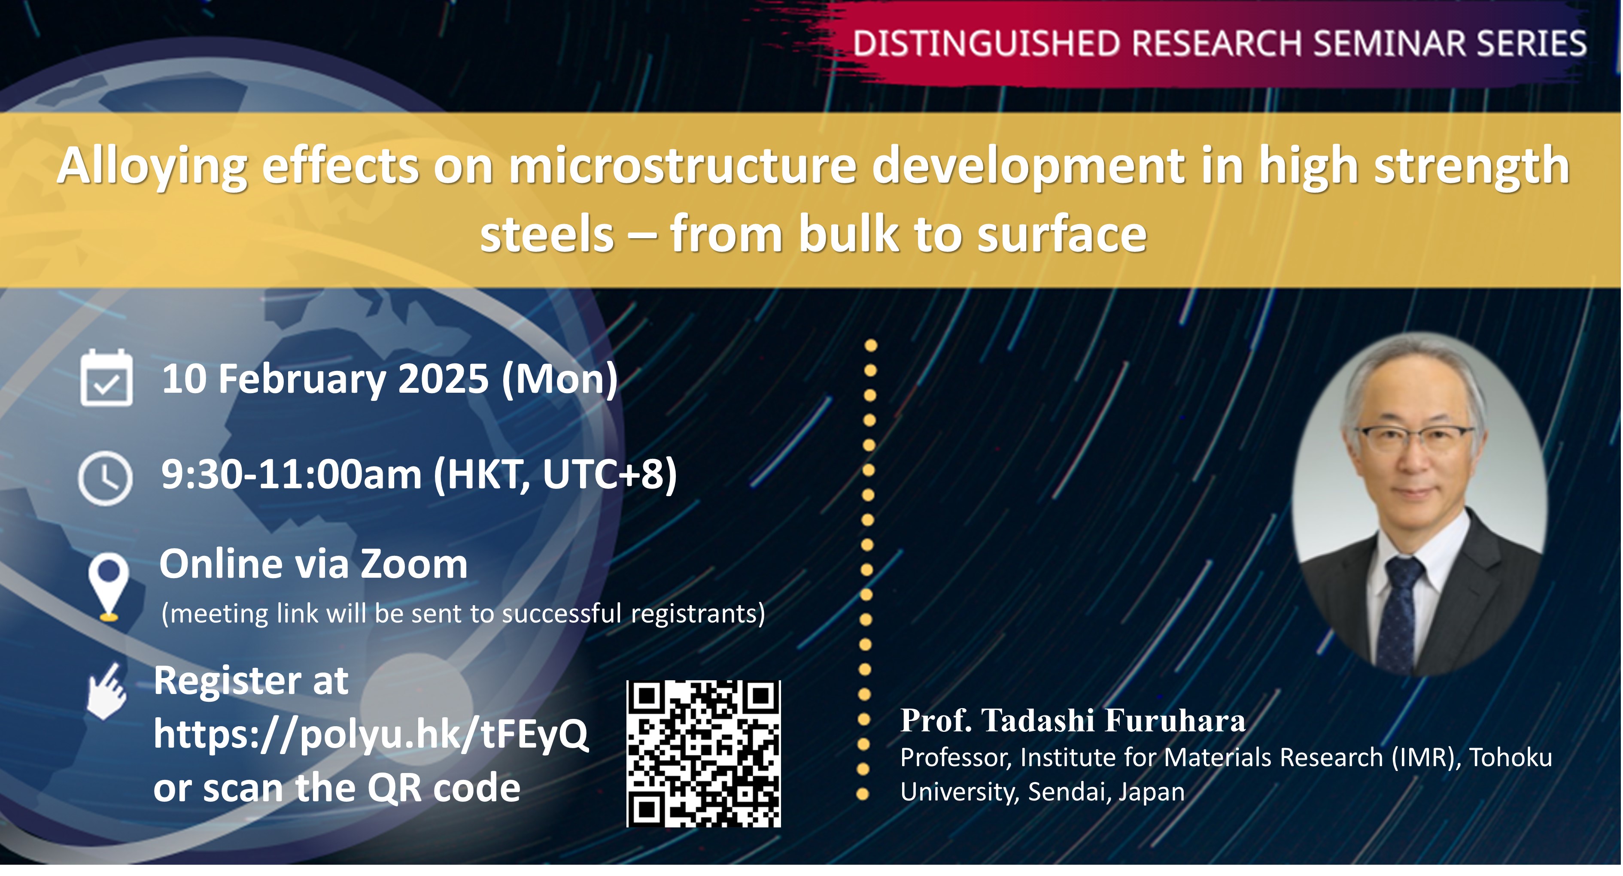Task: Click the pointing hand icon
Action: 107,691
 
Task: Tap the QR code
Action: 704,753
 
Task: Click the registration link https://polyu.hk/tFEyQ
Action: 371,734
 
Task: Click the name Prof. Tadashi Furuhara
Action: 1073,721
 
